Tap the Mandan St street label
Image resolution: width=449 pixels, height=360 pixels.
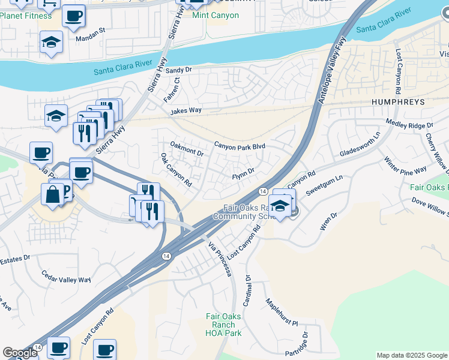point(91,29)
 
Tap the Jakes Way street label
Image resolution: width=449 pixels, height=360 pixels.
point(185,110)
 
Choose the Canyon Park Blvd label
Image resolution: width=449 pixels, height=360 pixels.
point(240,146)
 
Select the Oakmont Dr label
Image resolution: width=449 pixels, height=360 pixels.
point(187,148)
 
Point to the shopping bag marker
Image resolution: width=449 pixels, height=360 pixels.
point(53,196)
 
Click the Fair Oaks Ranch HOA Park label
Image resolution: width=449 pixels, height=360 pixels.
point(223,325)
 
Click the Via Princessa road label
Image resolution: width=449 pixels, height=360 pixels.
point(220,259)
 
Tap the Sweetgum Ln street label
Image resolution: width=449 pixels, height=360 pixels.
point(324,185)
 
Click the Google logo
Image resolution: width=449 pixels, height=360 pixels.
point(20,353)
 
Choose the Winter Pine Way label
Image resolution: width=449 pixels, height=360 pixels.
point(406,166)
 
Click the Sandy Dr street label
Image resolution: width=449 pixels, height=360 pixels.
point(178,70)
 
